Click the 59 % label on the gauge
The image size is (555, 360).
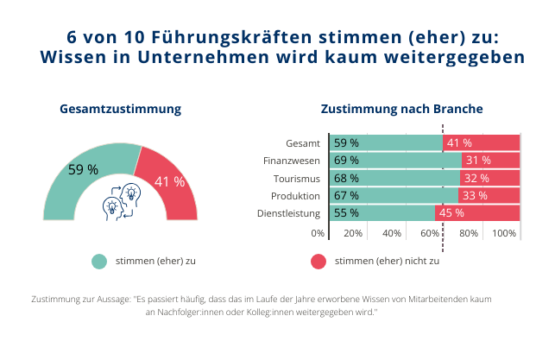pyautogui.click(x=83, y=169)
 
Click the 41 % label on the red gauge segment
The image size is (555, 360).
pyautogui.click(x=169, y=182)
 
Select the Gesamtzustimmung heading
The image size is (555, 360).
pyautogui.click(x=120, y=110)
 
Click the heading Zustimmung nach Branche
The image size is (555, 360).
pyautogui.click(x=401, y=110)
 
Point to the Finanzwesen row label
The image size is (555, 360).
pyautogui.click(x=293, y=161)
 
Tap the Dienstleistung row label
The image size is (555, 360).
pyautogui.click(x=289, y=213)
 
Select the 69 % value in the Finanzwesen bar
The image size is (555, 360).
pyautogui.click(x=346, y=161)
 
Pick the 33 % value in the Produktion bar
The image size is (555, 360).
pyautogui.click(x=474, y=196)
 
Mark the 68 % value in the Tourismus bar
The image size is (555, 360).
pyautogui.click(x=346, y=178)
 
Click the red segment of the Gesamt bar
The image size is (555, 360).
pyautogui.click(x=482, y=142)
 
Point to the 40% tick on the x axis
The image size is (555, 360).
pyautogui.click(x=392, y=233)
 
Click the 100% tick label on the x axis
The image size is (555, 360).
pyautogui.click(x=504, y=233)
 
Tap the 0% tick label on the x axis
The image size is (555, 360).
pyautogui.click(x=318, y=233)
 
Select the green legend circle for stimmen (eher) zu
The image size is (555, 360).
pyautogui.click(x=99, y=261)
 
